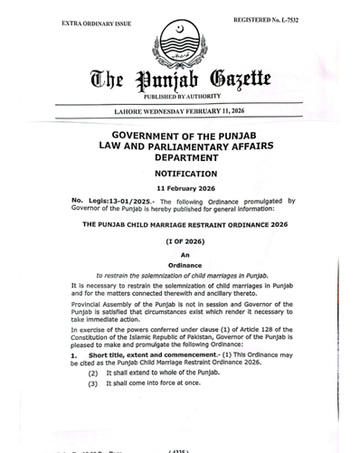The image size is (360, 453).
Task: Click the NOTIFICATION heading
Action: [185, 173]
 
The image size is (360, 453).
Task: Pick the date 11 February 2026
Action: [185, 187]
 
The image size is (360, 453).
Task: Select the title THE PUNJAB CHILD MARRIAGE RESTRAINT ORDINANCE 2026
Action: [185, 222]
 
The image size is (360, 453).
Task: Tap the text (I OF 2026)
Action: [185, 242]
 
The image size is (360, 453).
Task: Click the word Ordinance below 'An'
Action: [185, 264]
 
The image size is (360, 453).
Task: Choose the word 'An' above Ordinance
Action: [185, 255]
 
